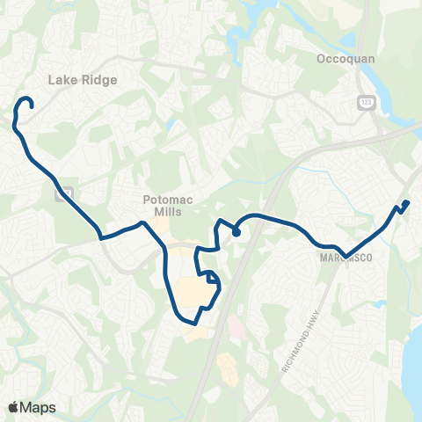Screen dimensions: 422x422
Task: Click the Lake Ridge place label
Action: pos(83,79)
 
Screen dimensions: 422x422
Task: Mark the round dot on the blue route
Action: pos(236,232)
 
